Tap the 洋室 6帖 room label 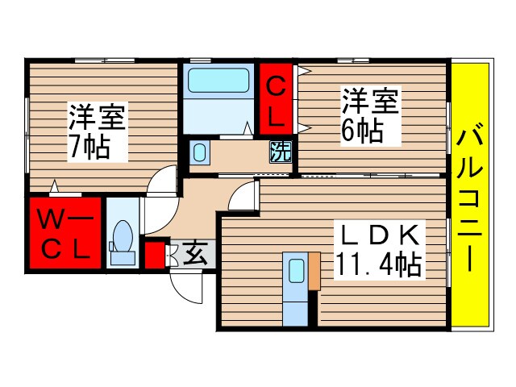pyautogui.click(x=370, y=116)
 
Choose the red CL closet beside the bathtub pyautogui.click(x=276, y=99)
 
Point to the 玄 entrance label pyautogui.click(x=195, y=254)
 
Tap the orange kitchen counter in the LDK pyautogui.click(x=314, y=272)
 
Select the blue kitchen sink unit pyautogui.click(x=294, y=289)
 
